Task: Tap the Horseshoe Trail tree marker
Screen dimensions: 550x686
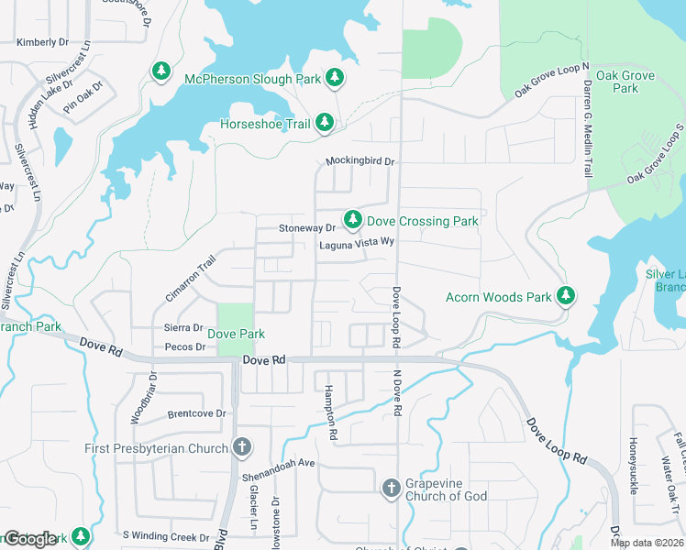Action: click(324, 123)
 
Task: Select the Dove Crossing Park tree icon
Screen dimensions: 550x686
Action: click(352, 220)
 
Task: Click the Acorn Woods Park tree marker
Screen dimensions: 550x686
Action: click(567, 296)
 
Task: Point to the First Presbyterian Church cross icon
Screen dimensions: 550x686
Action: click(241, 448)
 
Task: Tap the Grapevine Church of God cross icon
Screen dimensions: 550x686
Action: click(391, 487)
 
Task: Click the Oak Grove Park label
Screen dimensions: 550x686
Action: click(613, 82)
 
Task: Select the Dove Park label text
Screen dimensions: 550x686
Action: click(236, 335)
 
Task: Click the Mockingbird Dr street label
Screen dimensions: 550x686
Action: click(360, 161)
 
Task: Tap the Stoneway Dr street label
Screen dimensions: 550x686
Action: click(307, 227)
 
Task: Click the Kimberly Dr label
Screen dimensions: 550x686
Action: click(42, 42)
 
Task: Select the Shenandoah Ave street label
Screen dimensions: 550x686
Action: click(278, 463)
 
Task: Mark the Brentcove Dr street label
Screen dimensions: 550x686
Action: click(196, 414)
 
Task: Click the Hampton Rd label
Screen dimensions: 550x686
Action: click(333, 412)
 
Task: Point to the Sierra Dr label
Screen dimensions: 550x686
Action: click(183, 327)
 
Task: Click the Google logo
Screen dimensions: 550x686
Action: click(30, 539)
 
